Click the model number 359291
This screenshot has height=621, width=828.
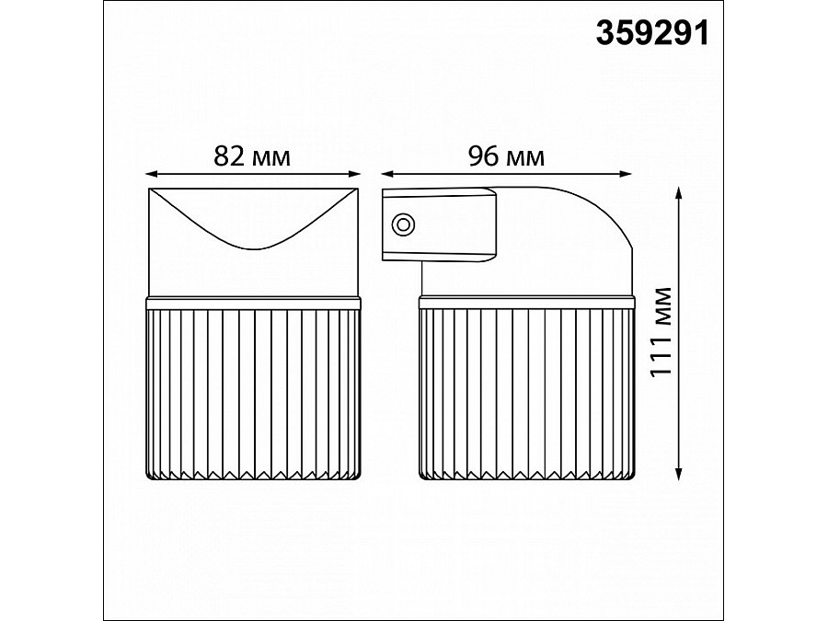(x=652, y=33)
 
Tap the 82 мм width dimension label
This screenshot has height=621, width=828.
(x=252, y=156)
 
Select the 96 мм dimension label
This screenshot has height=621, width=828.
(x=506, y=156)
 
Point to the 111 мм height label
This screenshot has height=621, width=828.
(x=661, y=331)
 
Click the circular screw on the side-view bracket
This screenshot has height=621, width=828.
(x=403, y=225)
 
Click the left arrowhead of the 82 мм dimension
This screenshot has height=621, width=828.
(x=151, y=174)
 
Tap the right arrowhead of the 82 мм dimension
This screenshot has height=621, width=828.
(x=355, y=174)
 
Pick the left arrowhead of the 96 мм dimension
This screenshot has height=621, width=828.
(x=387, y=174)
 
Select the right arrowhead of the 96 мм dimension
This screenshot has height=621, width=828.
(x=626, y=174)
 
